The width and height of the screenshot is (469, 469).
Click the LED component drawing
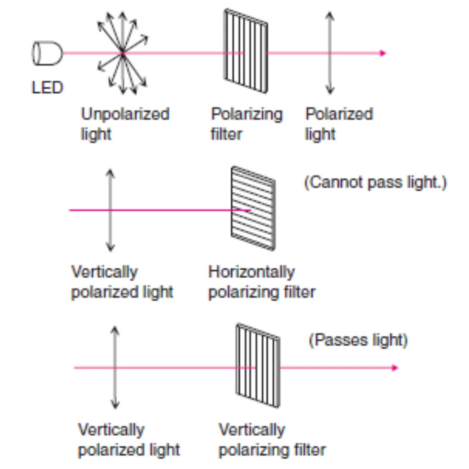click(47, 53)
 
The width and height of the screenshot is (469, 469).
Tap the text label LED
click(47, 88)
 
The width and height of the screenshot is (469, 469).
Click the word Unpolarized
click(125, 114)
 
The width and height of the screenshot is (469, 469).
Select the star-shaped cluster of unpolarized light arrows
click(123, 53)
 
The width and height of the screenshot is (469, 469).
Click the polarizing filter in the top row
click(246, 51)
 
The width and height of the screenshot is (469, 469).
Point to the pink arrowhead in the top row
click(383, 53)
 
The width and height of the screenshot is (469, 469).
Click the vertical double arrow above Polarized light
click(330, 53)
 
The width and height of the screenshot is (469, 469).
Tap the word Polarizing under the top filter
click(247, 114)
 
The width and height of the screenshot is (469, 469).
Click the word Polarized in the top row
click(339, 114)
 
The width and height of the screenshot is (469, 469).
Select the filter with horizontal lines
click(253, 208)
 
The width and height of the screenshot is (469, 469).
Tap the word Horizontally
click(252, 272)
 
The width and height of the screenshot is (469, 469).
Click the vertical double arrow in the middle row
click(110, 210)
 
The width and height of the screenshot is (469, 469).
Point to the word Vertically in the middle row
click(105, 272)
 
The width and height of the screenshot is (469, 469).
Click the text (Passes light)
click(358, 340)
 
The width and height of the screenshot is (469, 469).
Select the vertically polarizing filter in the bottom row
click(258, 365)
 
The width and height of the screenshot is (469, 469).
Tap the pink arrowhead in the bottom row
click(395, 367)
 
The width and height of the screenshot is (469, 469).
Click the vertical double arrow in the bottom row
click(115, 367)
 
